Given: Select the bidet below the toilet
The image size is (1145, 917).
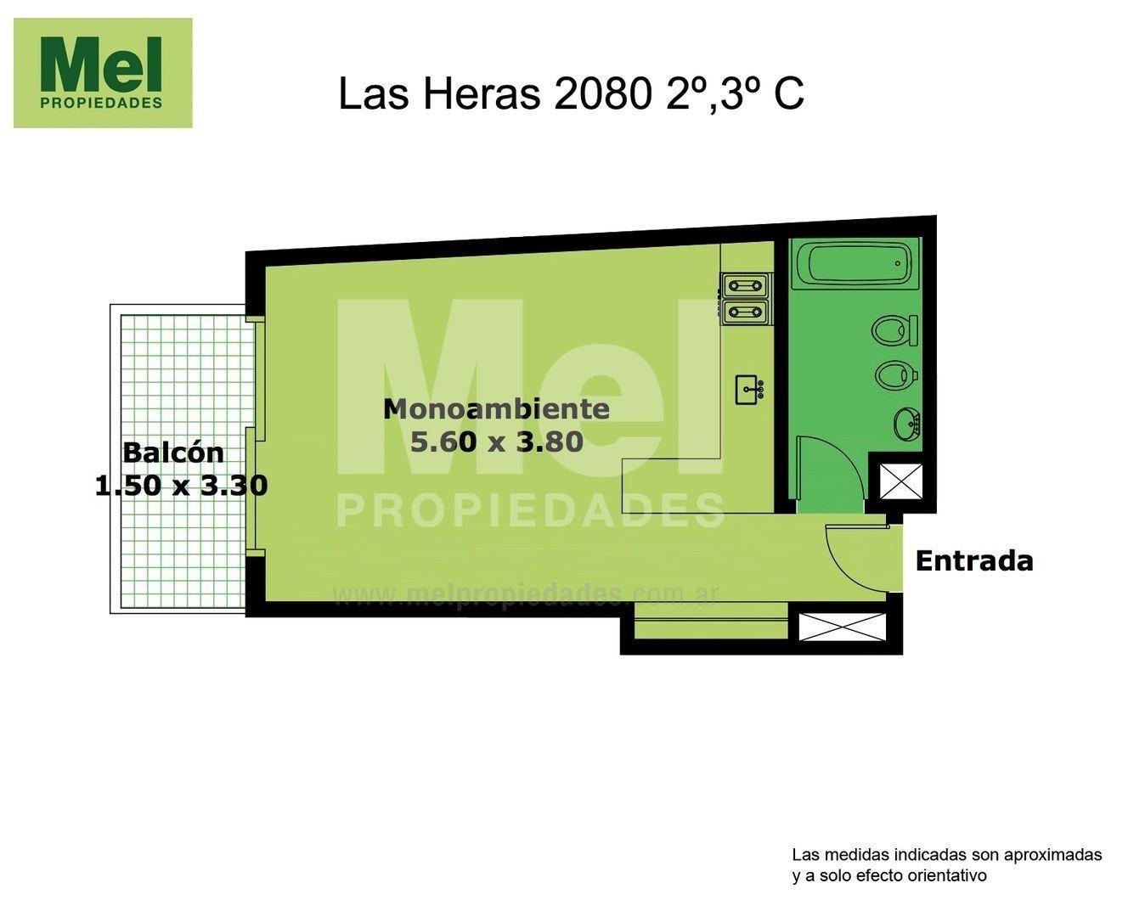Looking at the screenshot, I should click(x=895, y=374).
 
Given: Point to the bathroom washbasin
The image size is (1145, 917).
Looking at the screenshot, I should click(x=907, y=423).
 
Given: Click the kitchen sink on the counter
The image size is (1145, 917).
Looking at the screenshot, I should click(x=748, y=390).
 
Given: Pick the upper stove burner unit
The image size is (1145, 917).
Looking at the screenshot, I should click(x=745, y=284).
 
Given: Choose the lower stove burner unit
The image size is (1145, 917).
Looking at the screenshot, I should click(x=745, y=312).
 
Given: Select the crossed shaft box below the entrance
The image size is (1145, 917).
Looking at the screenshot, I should click(x=842, y=627).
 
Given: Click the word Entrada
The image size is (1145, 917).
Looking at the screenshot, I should click(x=973, y=561).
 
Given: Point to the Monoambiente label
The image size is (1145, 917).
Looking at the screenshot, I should click(x=496, y=409).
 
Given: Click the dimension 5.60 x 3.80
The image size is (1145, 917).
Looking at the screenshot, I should click(x=496, y=442).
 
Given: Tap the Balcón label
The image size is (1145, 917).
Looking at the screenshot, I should click(x=173, y=453).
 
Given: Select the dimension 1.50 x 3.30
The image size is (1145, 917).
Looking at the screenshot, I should click(x=181, y=486).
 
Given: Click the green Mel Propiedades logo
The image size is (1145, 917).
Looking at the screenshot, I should click(x=103, y=73).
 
